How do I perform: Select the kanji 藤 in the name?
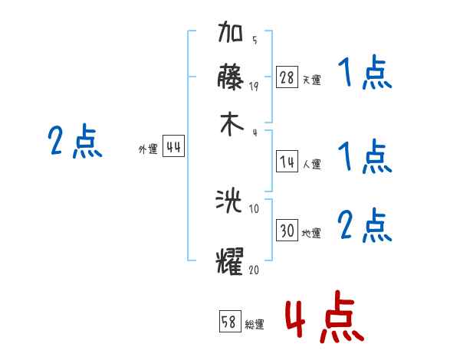click(232, 79)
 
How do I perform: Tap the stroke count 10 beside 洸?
click(255, 208)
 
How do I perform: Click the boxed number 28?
click(287, 77)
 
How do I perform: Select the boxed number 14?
click(287, 162)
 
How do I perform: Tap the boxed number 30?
click(287, 231)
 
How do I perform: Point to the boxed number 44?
click(173, 148)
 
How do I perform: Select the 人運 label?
click(311, 164)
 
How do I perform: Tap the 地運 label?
click(311, 233)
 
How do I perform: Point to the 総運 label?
click(255, 325)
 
